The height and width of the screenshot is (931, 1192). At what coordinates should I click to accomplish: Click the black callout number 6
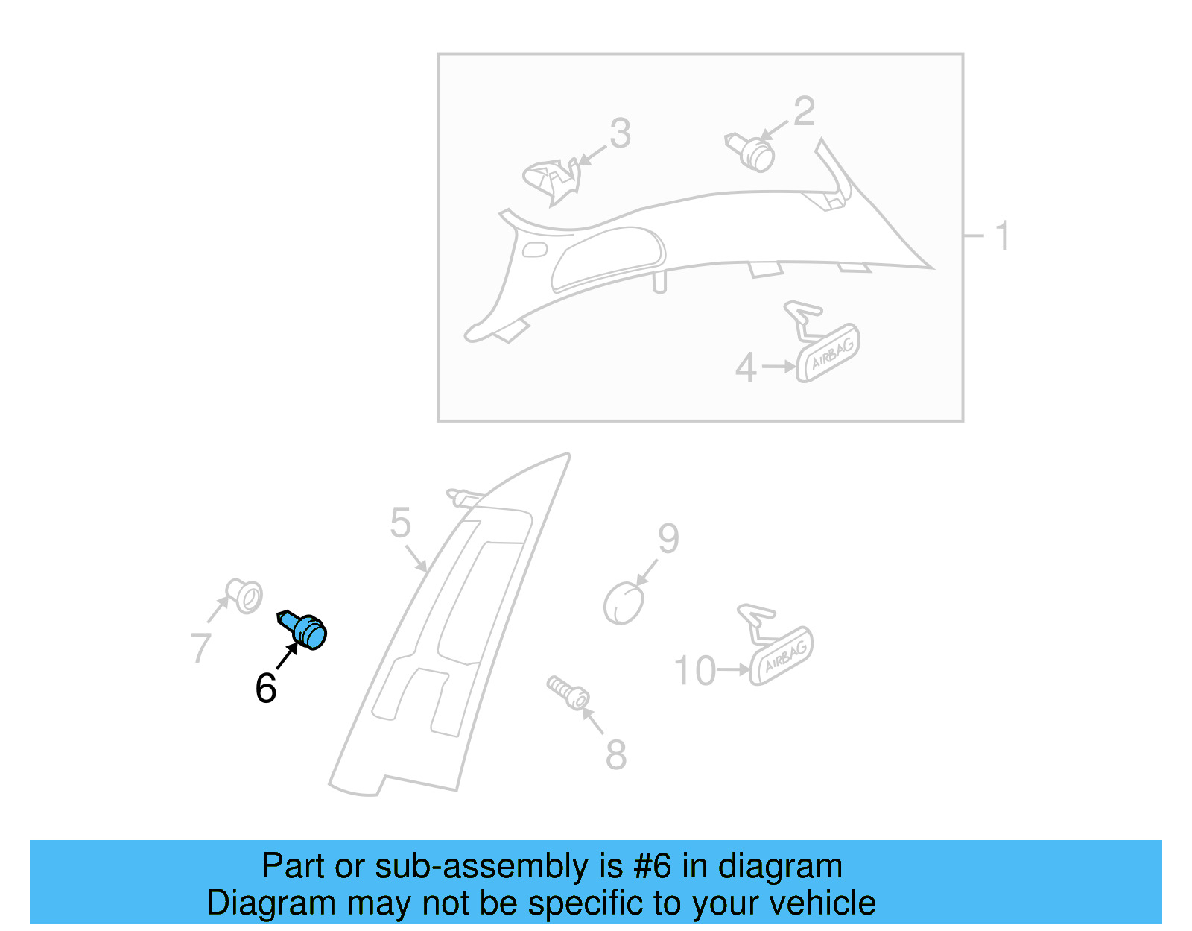[x=266, y=688]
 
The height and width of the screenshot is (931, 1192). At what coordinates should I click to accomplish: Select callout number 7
[x=200, y=647]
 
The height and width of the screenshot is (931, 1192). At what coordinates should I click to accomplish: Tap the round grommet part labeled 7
[x=245, y=596]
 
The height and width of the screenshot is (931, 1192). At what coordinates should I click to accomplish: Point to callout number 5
[x=400, y=523]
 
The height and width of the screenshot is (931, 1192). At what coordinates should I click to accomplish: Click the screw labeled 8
[x=568, y=693]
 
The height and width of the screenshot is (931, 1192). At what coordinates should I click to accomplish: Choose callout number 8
[x=615, y=754]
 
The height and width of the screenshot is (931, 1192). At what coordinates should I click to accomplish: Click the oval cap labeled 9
[x=624, y=603]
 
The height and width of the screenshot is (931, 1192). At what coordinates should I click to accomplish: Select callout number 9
[x=668, y=538]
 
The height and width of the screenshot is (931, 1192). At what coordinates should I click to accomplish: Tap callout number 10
[x=694, y=671]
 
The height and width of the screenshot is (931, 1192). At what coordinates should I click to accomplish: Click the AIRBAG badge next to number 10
[x=782, y=656]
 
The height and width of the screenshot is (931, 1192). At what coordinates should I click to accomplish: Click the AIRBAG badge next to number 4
[x=828, y=354]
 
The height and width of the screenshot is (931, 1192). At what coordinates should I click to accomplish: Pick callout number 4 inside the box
[x=746, y=367]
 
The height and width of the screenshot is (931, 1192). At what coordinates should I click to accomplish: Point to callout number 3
[x=620, y=134]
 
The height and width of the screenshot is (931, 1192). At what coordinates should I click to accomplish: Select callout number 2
[x=804, y=112]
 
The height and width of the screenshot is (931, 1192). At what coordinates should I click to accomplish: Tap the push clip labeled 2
[x=752, y=152]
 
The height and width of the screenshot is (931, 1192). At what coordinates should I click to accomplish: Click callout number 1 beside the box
[x=1002, y=236]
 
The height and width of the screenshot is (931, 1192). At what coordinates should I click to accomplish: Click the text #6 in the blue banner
[x=652, y=866]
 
